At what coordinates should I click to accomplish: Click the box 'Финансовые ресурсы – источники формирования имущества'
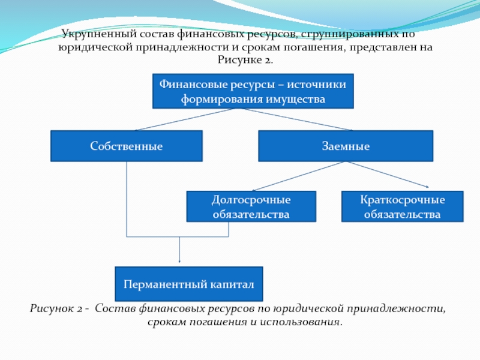[253, 91]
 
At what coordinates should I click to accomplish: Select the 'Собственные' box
[126, 146]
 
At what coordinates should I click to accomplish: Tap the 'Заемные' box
[345, 146]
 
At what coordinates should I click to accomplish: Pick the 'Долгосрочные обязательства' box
[251, 206]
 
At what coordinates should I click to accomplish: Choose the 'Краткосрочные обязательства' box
[402, 206]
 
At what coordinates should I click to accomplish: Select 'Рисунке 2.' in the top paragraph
[245, 60]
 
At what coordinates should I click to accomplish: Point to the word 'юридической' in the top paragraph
[90, 47]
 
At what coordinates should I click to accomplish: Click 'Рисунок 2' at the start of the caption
[55, 309]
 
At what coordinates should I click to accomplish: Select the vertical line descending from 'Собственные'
[126, 198]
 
